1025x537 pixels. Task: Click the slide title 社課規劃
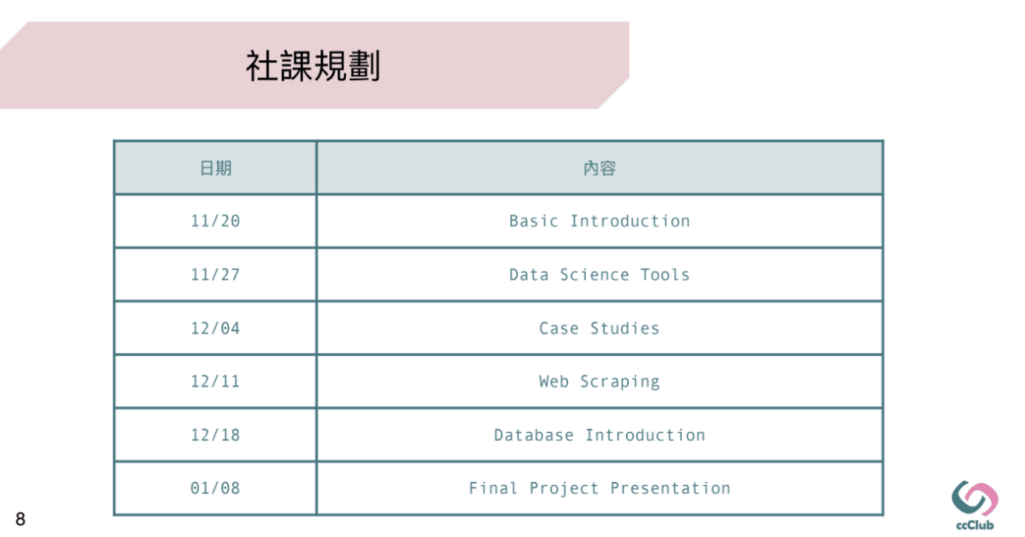[x=313, y=66]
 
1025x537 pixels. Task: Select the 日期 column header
[x=215, y=168]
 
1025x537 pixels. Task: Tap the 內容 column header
[x=600, y=168]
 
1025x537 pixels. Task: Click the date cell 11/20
[x=215, y=221]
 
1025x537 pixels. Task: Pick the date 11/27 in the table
[x=215, y=275]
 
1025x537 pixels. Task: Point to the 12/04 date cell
[x=215, y=328]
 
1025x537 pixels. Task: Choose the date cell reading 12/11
[x=215, y=381]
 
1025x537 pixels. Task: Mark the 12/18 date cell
[x=215, y=435]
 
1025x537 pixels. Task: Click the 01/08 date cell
[x=215, y=488]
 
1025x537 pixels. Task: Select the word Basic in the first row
[x=534, y=221]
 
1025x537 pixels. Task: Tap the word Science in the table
[x=594, y=275]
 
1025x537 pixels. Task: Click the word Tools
[x=665, y=275]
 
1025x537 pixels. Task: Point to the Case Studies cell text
[x=600, y=328]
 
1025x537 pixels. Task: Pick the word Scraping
[x=620, y=382]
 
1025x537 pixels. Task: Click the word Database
[x=534, y=435]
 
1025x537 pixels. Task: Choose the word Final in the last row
[x=494, y=488]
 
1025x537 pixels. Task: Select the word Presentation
[x=671, y=488]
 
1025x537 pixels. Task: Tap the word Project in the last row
[x=565, y=489]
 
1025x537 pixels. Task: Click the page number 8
[x=20, y=519]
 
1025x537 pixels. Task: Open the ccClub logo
[x=975, y=505]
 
